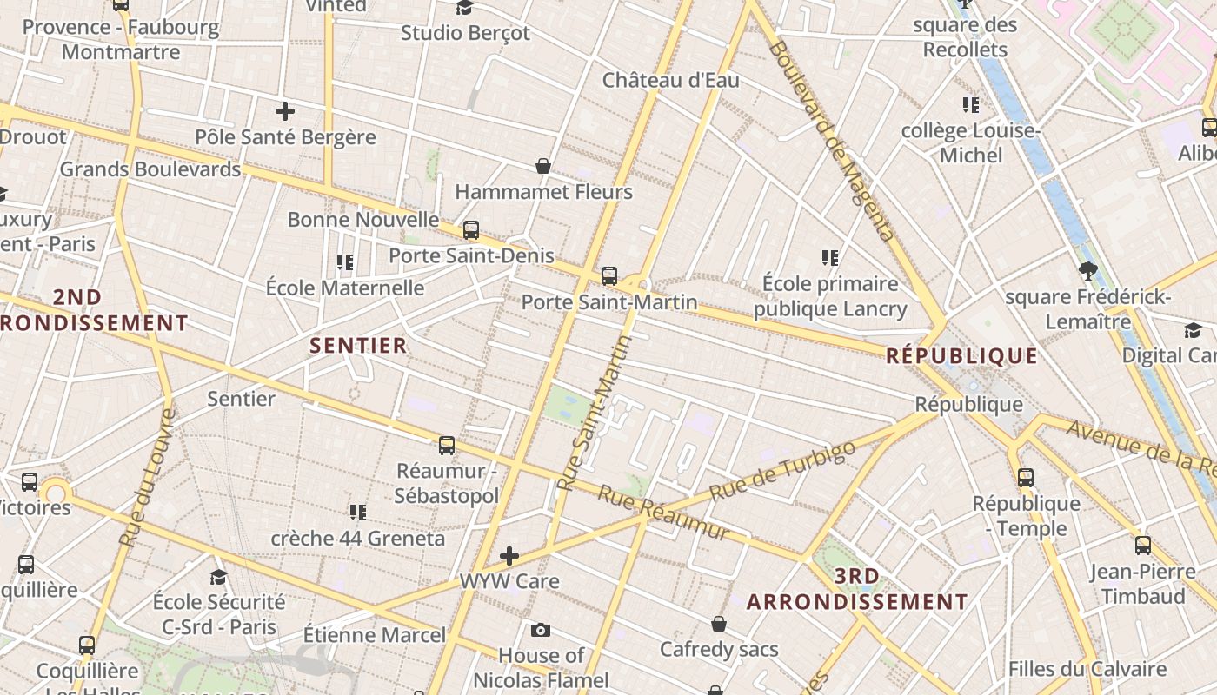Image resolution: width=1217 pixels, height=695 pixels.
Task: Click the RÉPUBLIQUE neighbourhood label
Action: [961, 355]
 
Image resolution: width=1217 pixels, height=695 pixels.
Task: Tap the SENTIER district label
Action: [359, 345]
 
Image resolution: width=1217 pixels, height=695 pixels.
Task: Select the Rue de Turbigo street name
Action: [782, 471]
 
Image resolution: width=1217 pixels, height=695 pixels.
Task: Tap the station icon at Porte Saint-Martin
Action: [609, 276]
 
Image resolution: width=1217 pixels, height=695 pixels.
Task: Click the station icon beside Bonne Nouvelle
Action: [471, 230]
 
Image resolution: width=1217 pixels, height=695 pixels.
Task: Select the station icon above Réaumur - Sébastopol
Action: [447, 446]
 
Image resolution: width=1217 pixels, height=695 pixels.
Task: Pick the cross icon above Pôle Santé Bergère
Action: [284, 111]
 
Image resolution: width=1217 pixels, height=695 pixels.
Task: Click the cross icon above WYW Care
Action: [509, 555]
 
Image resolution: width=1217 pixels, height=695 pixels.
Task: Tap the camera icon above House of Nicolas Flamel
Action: [541, 630]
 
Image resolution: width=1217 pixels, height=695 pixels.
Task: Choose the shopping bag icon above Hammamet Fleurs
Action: [543, 166]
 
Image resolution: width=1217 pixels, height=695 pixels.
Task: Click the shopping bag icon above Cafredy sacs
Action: [719, 624]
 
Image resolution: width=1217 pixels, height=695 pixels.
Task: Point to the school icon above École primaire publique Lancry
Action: [829, 258]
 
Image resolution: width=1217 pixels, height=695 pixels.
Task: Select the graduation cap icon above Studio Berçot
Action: [465, 8]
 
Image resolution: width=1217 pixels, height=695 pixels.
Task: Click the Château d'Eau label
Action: [671, 81]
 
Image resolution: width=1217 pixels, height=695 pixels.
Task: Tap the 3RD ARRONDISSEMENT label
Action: [857, 589]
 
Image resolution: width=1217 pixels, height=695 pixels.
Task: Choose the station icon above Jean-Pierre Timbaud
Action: [1143, 546]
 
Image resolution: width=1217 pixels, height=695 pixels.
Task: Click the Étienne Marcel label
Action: [375, 635]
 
